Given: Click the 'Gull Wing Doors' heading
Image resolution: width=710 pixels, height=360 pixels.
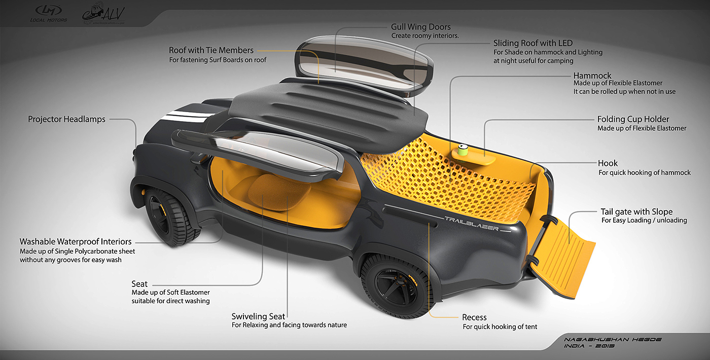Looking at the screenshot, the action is click(x=420, y=26).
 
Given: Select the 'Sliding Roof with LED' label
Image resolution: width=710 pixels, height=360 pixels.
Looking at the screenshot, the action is click(x=532, y=43).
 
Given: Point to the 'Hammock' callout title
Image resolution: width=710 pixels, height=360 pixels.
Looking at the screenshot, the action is click(x=592, y=76).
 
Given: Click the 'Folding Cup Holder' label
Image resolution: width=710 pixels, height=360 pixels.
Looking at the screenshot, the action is click(x=633, y=119).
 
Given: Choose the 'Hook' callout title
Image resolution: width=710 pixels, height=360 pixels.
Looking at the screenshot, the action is click(x=608, y=163).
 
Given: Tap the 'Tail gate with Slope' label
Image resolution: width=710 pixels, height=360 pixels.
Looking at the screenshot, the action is click(x=636, y=211).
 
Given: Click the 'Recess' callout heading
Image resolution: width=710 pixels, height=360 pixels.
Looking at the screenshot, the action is click(x=474, y=317).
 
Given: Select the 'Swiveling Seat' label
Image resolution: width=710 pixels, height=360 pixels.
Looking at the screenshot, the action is click(x=258, y=316).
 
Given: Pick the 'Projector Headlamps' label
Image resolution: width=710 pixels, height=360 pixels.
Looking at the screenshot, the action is click(x=66, y=119).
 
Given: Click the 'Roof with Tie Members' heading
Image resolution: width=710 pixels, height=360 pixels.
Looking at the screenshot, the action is click(x=211, y=50).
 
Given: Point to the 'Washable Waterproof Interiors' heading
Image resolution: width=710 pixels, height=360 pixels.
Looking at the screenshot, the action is click(x=76, y=241).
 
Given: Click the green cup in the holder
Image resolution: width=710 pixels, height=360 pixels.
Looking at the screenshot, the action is click(x=463, y=150).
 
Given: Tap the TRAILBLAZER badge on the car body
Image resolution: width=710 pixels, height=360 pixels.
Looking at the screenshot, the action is click(x=472, y=224).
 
